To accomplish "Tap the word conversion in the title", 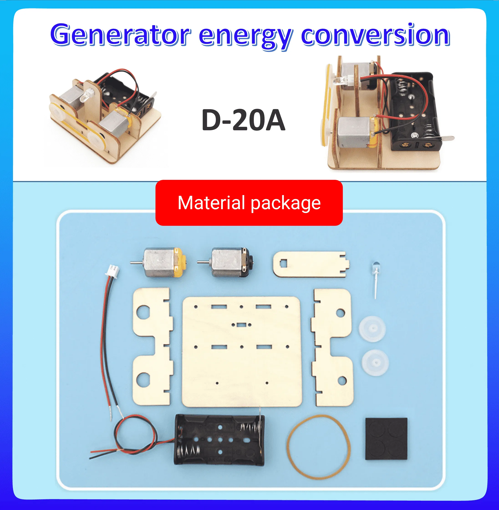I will pyautogui.click(x=375, y=35).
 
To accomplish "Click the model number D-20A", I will pyautogui.click(x=243, y=120).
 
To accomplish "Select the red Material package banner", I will pyautogui.click(x=249, y=203).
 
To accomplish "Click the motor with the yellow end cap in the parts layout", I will pyautogui.click(x=164, y=263).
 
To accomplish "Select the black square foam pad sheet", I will pyautogui.click(x=386, y=439).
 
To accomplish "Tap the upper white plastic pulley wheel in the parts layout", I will pyautogui.click(x=372, y=329).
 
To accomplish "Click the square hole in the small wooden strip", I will pyautogui.click(x=284, y=263).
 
